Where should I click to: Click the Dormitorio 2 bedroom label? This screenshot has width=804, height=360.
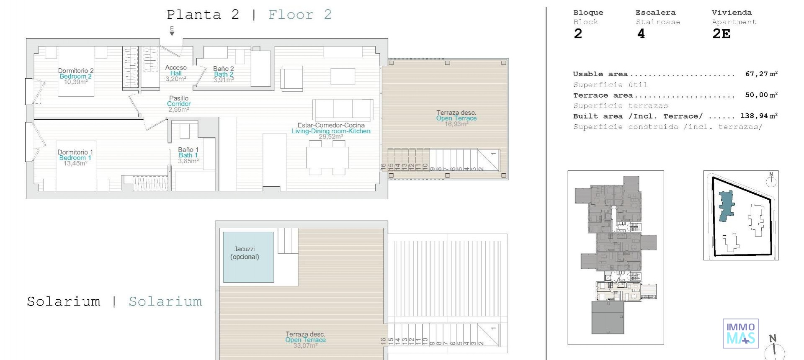coord(76,71)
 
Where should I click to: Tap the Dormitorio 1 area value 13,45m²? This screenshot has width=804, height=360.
coord(75,164)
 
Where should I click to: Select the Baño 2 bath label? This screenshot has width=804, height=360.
coord(223,69)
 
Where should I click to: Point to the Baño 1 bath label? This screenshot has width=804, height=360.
coord(188,150)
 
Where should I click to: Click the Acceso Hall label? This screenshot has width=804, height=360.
coord(175,67)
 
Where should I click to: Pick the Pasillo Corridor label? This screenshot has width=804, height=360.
coord(179,98)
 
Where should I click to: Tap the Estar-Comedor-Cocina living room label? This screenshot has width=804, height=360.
coord(331,125)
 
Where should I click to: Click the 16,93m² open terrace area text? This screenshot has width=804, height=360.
coord(456,124)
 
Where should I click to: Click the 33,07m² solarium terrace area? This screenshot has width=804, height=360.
coord(305,346)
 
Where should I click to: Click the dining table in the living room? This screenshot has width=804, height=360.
coord(327,157)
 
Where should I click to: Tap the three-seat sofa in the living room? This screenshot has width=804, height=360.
coord(343,109)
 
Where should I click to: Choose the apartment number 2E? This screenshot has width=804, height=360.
coord(721,34)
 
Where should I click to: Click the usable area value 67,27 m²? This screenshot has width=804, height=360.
coord(761,74)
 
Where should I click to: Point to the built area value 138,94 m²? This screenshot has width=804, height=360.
coord(758,116)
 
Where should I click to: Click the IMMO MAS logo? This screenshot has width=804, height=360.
coord(740,333)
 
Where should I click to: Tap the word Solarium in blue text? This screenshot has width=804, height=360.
coord(165,301)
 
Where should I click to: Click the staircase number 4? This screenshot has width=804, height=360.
coord(641,34)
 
